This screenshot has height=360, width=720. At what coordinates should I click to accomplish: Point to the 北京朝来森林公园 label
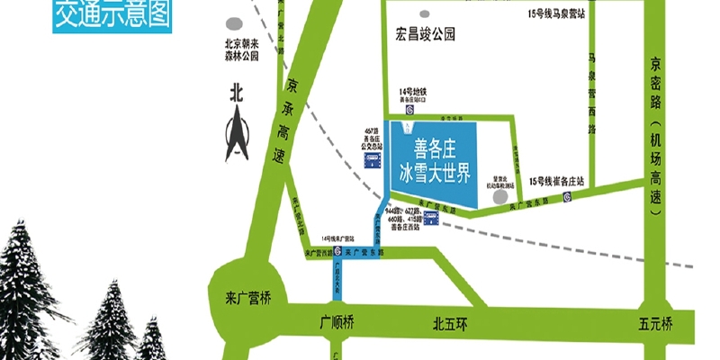point(241,50)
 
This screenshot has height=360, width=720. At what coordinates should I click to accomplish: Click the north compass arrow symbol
point(237,131)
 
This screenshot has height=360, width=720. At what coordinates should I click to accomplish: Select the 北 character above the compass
point(237,92)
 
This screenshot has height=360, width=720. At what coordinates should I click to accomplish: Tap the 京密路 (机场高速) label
point(655,135)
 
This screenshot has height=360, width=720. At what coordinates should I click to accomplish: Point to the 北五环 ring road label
point(447,321)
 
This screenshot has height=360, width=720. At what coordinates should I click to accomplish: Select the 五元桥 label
point(655,321)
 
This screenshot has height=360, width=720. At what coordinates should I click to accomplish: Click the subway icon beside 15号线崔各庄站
point(565,196)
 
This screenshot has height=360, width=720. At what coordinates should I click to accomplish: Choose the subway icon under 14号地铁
point(409,110)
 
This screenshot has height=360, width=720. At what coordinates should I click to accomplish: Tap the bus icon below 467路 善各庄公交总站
point(371,160)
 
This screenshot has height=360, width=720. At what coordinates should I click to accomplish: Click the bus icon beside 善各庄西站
point(432,220)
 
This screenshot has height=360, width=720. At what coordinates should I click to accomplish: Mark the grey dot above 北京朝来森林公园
point(236,24)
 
